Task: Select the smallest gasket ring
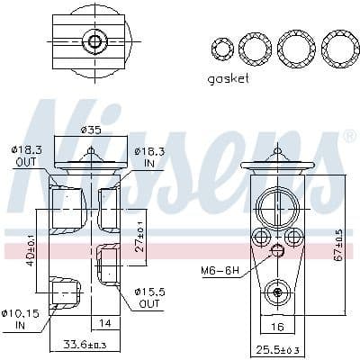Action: [221, 47]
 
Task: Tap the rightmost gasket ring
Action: [340, 47]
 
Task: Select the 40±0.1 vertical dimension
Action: [29, 243]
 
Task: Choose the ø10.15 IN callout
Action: [20, 319]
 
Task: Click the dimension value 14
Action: [105, 321]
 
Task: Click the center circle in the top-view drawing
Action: [92, 41]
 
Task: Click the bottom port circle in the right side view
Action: [277, 291]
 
